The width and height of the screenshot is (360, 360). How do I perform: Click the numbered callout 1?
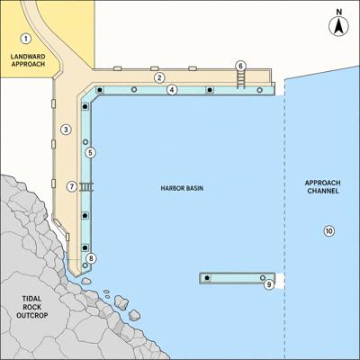(x=26, y=39)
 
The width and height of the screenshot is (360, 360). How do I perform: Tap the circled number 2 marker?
(x=159, y=77)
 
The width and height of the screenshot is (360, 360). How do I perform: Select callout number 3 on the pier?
(x=66, y=130)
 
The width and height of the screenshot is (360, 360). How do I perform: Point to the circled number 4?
(x=172, y=89)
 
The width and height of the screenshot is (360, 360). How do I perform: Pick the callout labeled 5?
(x=90, y=152)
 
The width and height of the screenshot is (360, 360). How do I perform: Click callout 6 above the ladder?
(x=240, y=66)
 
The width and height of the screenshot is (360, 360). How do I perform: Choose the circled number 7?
(x=72, y=186)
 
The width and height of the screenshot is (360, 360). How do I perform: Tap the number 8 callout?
(x=91, y=258)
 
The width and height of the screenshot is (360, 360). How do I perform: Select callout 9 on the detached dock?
(x=269, y=284)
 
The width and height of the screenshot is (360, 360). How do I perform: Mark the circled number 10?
(x=329, y=231)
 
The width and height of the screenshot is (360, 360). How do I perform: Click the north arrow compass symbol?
(x=339, y=27)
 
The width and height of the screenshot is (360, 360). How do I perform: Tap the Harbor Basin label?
(x=182, y=188)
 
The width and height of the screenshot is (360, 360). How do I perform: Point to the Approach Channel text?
(x=323, y=187)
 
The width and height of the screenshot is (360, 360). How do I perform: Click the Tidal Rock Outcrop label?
(x=32, y=307)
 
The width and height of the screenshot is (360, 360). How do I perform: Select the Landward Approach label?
(x=28, y=60)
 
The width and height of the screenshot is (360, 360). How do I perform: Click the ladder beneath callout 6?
(x=240, y=80)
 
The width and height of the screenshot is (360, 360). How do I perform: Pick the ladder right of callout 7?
(x=86, y=187)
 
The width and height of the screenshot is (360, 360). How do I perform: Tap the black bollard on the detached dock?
(x=207, y=278)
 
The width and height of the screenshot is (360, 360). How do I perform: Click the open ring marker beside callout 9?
(x=263, y=278)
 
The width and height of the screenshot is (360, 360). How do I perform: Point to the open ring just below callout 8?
(x=85, y=265)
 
